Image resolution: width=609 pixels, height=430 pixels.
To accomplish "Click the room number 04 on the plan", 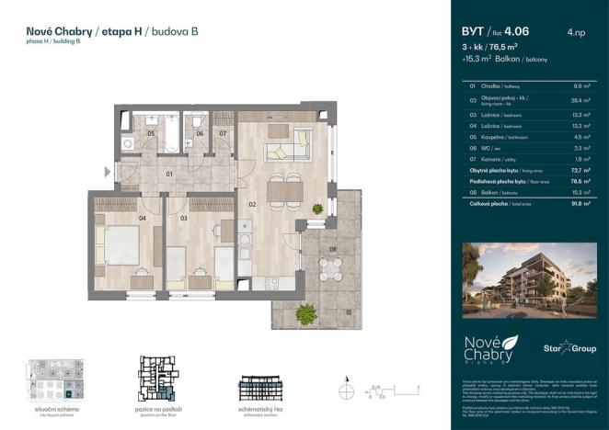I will point(143,219).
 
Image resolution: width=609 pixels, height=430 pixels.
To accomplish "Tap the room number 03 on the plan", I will point(183,219).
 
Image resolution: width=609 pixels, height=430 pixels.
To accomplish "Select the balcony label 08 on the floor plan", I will point(333,248).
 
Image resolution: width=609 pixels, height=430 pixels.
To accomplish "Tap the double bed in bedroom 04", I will point(119,244).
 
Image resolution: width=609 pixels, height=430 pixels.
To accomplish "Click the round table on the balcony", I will point(330,268).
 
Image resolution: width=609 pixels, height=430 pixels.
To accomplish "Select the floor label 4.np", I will point(577,33).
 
